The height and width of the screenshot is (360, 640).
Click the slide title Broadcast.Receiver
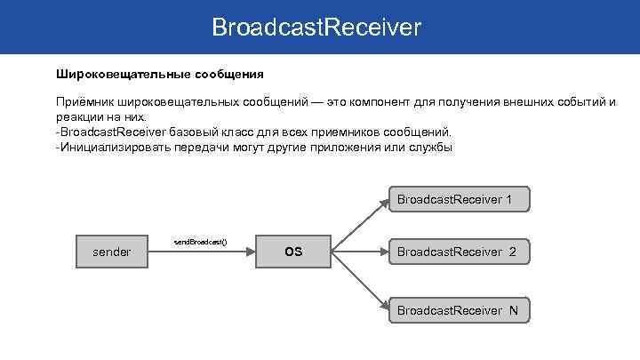(316, 28)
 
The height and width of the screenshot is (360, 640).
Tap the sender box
(111, 252)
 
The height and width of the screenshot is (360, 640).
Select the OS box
(293, 252)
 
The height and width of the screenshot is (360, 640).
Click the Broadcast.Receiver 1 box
(459, 199)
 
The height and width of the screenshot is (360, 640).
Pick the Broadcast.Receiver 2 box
(459, 252)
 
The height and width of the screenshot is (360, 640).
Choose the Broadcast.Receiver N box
(459, 310)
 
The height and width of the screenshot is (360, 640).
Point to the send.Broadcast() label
(200, 242)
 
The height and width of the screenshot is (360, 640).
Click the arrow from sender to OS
(201, 252)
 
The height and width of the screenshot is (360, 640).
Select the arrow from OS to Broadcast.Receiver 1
(359, 225)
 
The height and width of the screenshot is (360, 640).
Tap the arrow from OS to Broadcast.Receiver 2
(359, 252)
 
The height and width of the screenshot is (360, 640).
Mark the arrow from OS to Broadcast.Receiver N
(359, 282)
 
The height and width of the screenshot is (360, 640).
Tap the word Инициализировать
(113, 148)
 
